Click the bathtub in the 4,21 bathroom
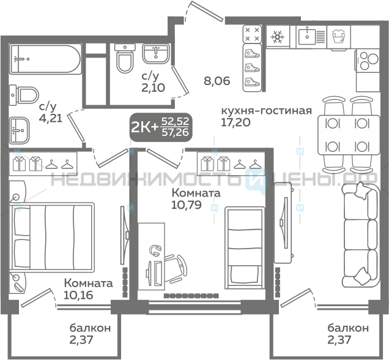tap(45, 59)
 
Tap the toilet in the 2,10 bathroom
tap(125, 58)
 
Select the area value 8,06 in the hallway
tap(217, 81)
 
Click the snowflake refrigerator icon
tap(277, 37)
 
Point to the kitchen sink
tap(311, 37)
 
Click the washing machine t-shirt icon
tap(339, 37)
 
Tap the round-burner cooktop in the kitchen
tap(368, 61)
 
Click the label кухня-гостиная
tap(266, 110)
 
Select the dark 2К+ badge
tap(161, 127)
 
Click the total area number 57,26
tap(175, 133)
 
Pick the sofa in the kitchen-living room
tap(361, 234)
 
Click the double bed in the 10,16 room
tap(51, 236)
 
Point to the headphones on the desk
tap(155, 251)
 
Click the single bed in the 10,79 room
tap(245, 248)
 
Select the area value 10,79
tap(187, 205)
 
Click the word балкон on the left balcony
tap(90, 328)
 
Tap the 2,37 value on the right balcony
tap(339, 340)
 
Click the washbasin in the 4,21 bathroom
tap(19, 130)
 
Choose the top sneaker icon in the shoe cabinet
tap(252, 53)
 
